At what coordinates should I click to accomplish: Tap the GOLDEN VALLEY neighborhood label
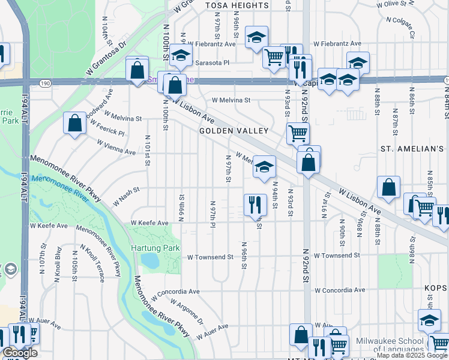pos(234,131)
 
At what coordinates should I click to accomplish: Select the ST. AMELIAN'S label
pos(412,148)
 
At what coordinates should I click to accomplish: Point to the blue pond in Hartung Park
pos(149,261)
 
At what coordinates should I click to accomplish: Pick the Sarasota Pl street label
pos(209,62)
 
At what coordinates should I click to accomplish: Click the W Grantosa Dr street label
pos(107,56)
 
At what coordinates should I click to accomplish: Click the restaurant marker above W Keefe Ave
pos(255,205)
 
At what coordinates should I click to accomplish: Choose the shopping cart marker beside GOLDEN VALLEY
pos(298,133)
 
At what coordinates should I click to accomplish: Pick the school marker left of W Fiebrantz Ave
pos(256,38)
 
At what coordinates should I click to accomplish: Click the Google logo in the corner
pos(20,353)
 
